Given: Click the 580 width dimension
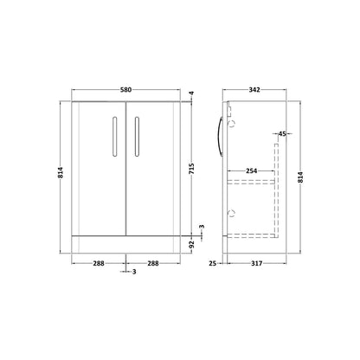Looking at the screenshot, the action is (x=125, y=90).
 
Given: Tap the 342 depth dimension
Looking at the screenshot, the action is (x=254, y=90).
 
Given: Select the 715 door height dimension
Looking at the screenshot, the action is (x=192, y=169).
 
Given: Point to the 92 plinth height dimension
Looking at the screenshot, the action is (x=192, y=245).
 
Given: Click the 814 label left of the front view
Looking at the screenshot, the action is (x=61, y=172).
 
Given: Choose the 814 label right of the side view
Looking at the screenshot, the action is (x=300, y=177).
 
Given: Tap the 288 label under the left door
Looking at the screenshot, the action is (x=99, y=263).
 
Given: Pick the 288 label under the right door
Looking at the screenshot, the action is (x=153, y=263).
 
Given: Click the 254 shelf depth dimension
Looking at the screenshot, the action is (x=251, y=171).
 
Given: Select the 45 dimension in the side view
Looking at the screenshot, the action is (x=282, y=134).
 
